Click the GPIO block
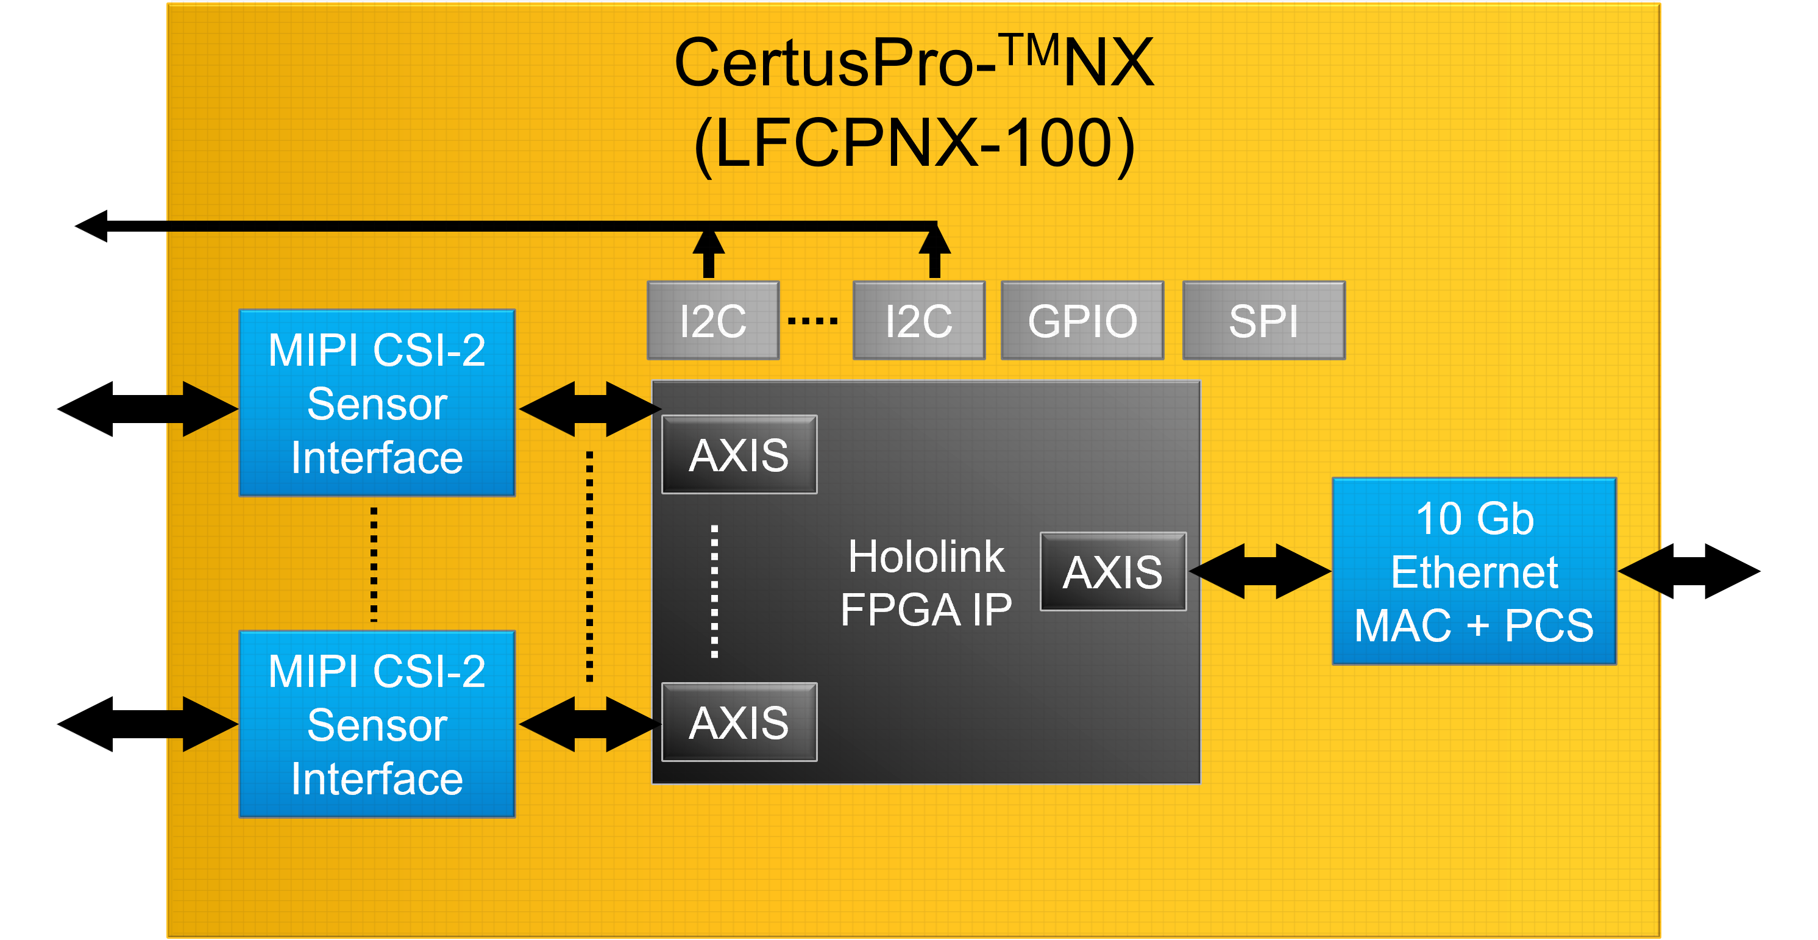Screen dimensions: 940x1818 pos(1082,321)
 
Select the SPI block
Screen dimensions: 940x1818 pos(1263,321)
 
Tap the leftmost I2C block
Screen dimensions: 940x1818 pos(713,321)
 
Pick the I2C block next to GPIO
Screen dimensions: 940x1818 pos(918,321)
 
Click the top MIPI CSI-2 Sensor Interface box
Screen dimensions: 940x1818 pos(377,403)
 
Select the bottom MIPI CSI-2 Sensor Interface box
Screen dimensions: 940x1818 pos(377,724)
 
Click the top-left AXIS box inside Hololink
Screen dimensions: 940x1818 pos(739,455)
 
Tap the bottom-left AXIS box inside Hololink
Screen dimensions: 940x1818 pos(739,722)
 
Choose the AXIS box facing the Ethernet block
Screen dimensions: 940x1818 pos(1113,572)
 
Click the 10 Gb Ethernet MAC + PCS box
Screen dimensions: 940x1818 pos(1474,572)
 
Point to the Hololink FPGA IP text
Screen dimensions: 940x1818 pos(926,583)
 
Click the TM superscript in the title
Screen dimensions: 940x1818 pos(1032,51)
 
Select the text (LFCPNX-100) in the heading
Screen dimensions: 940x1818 pos(914,143)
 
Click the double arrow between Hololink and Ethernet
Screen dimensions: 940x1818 pos(1260,572)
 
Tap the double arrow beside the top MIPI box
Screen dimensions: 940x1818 pos(590,409)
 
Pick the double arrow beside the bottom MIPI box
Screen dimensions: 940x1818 pos(590,724)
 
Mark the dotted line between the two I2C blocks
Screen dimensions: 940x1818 pos(813,321)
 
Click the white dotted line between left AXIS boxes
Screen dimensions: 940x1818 pos(714,591)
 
